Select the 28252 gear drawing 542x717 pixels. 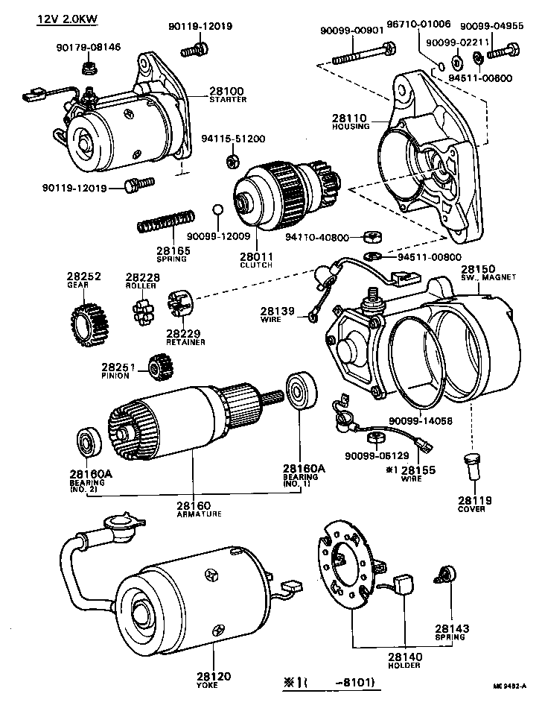point(89,321)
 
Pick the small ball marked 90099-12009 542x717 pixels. point(217,208)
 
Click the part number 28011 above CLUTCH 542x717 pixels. point(255,256)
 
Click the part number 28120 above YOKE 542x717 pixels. point(214,676)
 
